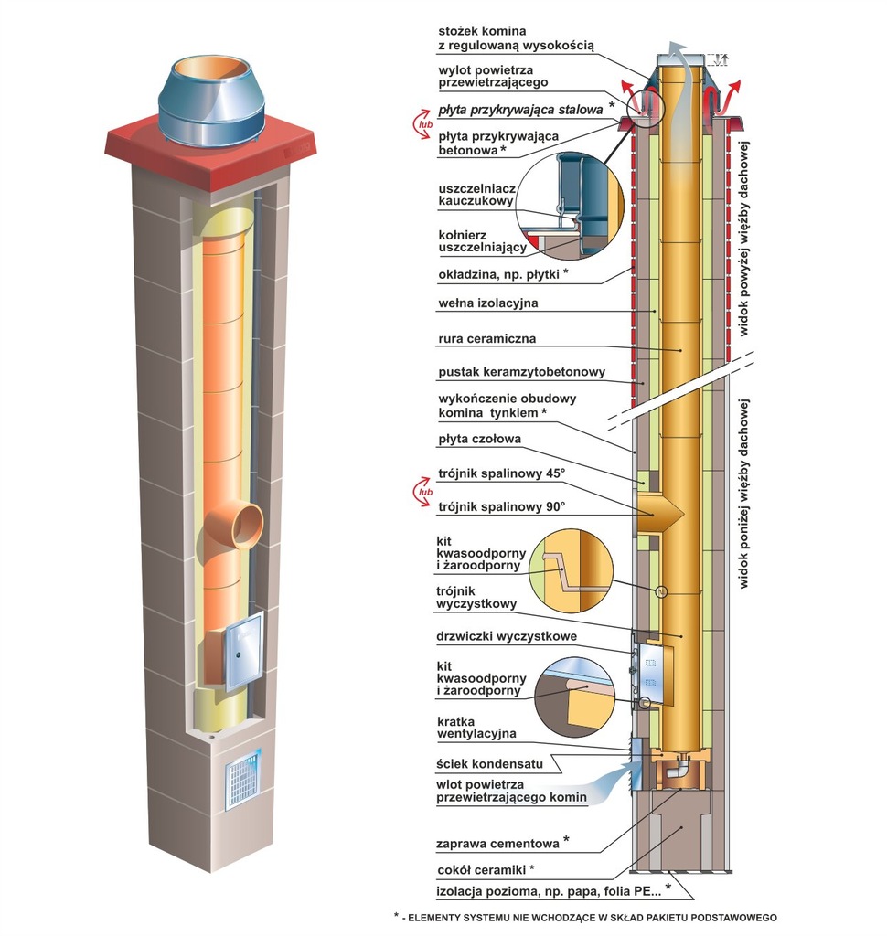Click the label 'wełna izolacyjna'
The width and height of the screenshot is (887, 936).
point(487,303)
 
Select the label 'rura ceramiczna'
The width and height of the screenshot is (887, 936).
point(486,339)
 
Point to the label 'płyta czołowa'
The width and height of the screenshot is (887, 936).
point(479,440)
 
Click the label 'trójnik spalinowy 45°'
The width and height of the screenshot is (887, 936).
point(502,473)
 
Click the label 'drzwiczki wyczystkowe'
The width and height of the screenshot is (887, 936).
point(507,636)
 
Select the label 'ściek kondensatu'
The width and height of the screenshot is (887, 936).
point(489,763)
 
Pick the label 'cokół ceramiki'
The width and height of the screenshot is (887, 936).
point(485,868)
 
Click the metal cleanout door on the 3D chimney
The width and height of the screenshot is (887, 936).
point(243,650)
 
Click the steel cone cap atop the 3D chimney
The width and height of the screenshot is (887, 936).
point(211,100)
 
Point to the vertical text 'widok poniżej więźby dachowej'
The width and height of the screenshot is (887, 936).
point(744,494)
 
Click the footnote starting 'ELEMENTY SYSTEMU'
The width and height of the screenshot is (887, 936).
point(585,916)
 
